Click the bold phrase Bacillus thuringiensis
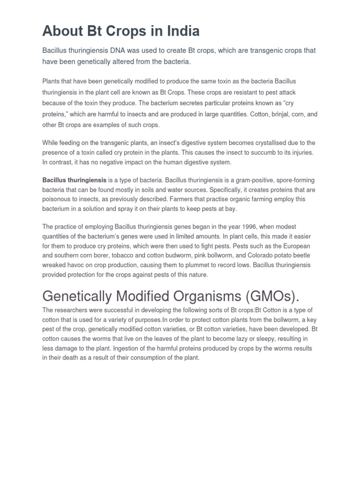[74, 180]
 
